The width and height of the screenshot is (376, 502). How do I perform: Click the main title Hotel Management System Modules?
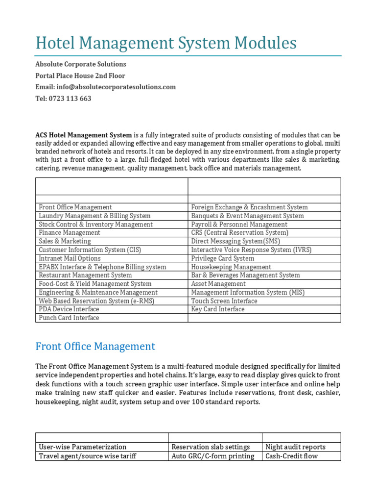point(166,44)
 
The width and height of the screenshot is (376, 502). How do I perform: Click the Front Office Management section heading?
point(95,347)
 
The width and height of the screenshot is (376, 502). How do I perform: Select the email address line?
point(105,87)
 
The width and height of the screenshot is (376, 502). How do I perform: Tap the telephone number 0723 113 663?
point(63,99)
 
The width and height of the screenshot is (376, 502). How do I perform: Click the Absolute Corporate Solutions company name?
point(81,64)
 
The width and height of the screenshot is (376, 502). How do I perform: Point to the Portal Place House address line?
point(80,76)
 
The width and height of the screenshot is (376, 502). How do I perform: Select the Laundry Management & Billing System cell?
point(95,216)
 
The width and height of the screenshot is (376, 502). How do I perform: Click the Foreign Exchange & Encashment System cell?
point(249,207)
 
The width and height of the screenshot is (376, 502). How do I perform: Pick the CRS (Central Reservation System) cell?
point(239,233)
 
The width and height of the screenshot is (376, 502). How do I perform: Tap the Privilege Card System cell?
point(223,258)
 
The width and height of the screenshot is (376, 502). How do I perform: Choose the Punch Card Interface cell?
point(69,318)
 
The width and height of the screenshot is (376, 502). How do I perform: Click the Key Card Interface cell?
point(218,309)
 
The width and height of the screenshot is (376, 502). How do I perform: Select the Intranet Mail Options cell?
point(70,258)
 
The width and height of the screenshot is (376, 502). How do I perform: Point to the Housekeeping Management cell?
point(231,267)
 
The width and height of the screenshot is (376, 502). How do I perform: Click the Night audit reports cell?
point(295,447)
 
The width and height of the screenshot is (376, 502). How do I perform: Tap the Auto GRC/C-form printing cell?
point(213,456)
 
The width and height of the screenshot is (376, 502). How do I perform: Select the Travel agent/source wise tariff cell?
point(88,456)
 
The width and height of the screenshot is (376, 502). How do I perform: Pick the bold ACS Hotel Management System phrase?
point(83,135)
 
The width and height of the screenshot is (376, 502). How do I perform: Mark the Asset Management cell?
point(218,284)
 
